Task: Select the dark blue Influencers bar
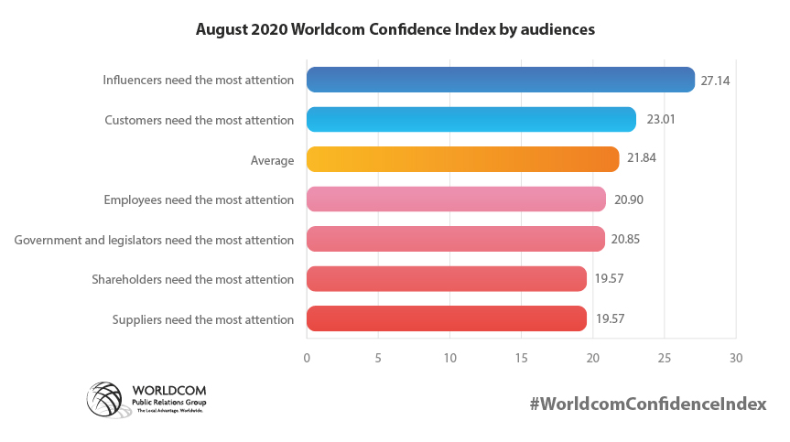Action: click(x=500, y=81)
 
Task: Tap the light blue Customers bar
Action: click(x=471, y=120)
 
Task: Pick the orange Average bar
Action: click(x=462, y=160)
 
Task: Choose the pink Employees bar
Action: click(x=456, y=199)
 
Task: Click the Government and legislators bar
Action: click(x=455, y=240)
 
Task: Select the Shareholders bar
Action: click(x=446, y=279)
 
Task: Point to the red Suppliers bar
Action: click(x=446, y=319)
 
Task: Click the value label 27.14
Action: click(x=715, y=81)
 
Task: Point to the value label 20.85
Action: click(x=626, y=240)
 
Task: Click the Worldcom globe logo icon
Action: click(x=103, y=398)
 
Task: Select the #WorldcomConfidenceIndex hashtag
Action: click(x=647, y=404)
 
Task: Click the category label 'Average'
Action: click(x=272, y=161)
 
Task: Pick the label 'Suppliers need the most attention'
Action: click(x=202, y=320)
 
